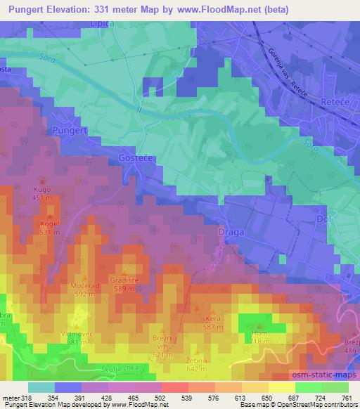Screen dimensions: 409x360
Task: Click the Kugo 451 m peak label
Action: (x=41, y=193)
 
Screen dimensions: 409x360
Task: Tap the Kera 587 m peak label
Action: (x=212, y=323)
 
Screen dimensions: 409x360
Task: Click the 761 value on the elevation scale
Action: (x=346, y=398)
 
